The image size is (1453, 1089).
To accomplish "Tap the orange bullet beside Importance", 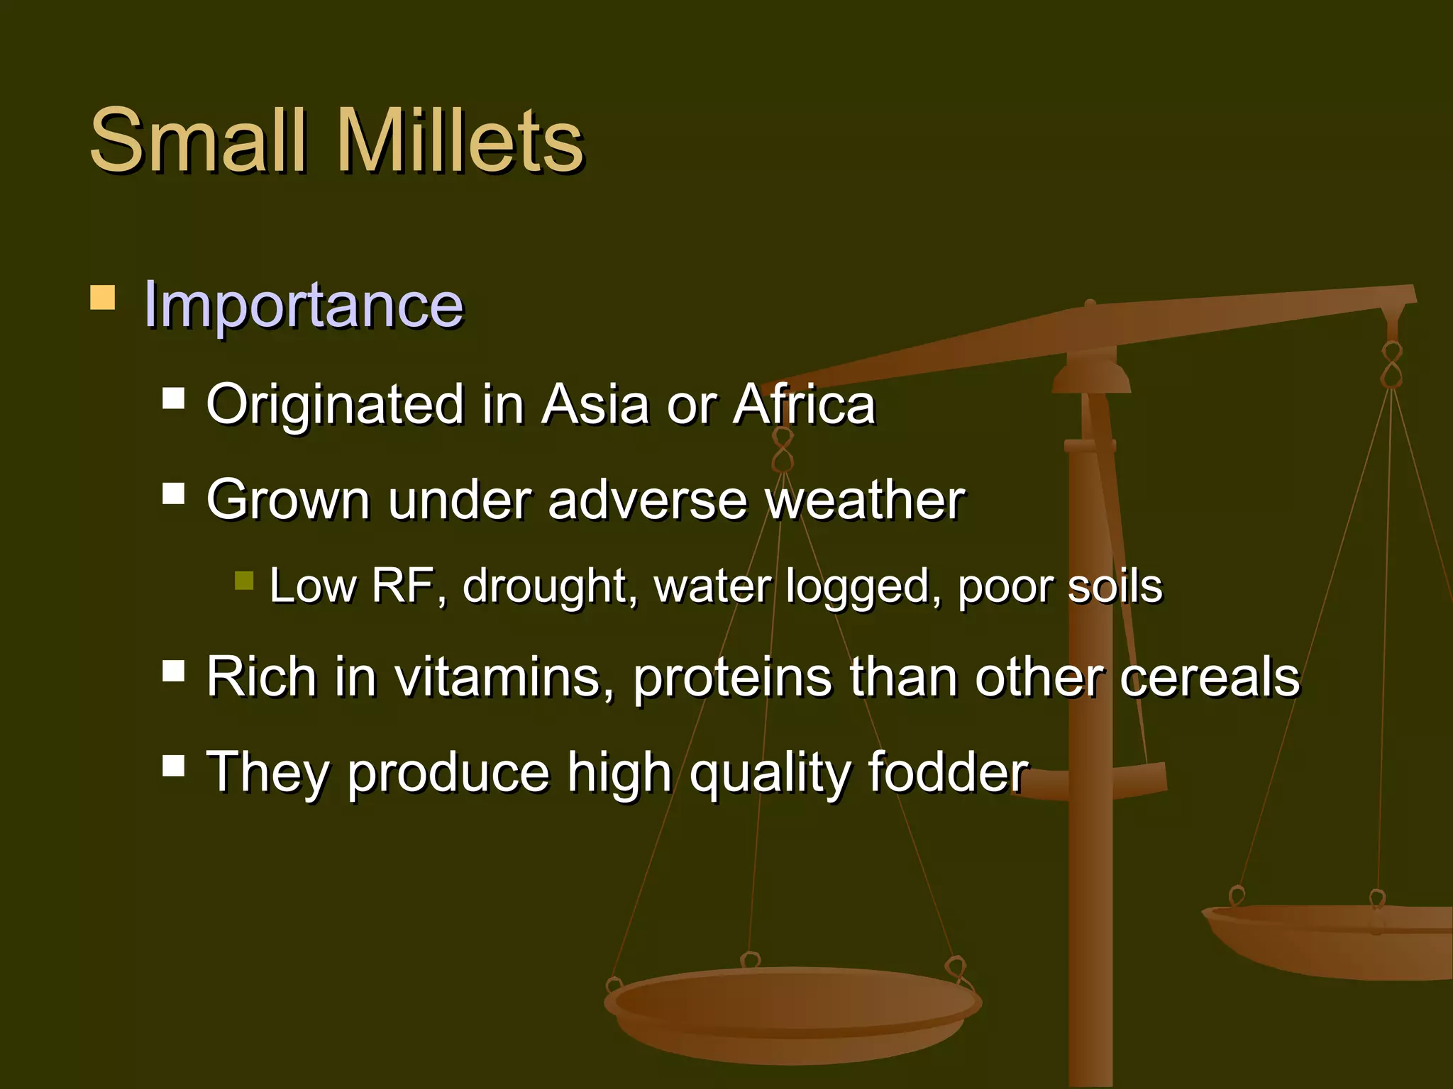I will coord(103,298).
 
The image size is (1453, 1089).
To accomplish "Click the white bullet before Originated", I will coord(173,398).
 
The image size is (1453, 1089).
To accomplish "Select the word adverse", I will coord(647,500).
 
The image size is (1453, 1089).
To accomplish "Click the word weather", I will coord(864,500).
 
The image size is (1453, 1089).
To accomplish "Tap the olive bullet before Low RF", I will coord(244,581).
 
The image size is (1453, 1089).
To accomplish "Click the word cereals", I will coord(1210,677).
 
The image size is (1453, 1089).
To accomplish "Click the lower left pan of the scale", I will coord(792,1014).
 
